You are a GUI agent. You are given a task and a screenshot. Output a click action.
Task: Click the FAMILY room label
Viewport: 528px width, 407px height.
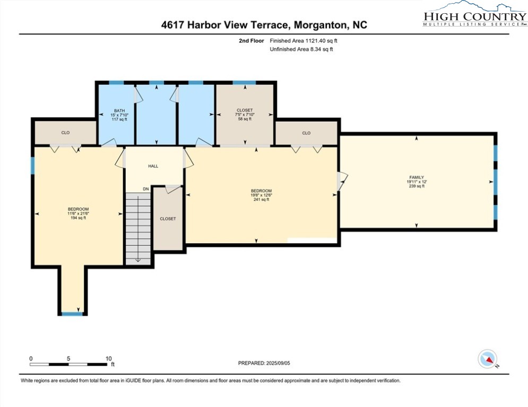click(x=417, y=177)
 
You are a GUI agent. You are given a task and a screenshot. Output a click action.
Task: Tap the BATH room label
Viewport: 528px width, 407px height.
click(x=119, y=111)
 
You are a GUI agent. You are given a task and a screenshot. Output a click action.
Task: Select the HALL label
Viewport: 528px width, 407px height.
click(x=153, y=166)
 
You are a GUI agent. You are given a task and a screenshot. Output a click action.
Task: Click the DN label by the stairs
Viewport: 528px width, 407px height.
click(x=146, y=189)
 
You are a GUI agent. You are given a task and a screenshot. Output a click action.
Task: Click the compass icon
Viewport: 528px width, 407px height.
click(x=487, y=359)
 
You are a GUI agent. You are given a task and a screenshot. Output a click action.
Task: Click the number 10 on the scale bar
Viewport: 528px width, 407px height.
click(x=108, y=359)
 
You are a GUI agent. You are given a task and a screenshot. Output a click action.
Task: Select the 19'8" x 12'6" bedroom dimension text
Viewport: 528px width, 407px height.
click(x=261, y=195)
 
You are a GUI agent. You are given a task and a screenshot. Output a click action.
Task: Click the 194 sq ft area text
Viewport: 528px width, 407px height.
click(x=78, y=218)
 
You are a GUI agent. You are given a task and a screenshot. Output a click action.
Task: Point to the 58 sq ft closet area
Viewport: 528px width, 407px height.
click(x=245, y=119)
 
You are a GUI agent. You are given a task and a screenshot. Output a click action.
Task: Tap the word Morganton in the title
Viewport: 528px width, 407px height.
click(x=320, y=25)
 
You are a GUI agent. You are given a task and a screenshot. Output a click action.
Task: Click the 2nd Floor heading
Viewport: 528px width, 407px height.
click(x=252, y=41)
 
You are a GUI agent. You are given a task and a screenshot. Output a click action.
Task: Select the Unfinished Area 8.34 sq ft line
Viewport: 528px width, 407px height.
click(x=301, y=49)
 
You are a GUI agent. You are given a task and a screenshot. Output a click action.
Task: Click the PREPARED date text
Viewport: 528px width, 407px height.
click(x=264, y=363)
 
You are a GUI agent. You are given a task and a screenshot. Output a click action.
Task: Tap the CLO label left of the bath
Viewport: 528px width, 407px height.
click(x=65, y=133)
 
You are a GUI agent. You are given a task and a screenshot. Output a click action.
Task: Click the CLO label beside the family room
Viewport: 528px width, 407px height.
click(x=306, y=133)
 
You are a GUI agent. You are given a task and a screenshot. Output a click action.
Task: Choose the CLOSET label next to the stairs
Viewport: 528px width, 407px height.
click(x=168, y=219)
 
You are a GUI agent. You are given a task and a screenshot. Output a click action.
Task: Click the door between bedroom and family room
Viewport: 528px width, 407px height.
click(x=342, y=181)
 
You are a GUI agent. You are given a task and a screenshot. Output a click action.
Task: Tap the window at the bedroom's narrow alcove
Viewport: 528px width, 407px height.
click(x=72, y=314)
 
